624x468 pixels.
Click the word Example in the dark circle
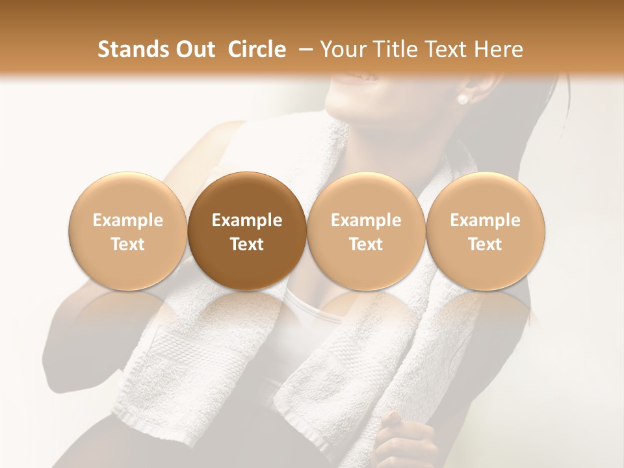click(247, 220)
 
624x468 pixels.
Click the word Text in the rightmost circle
click(485, 244)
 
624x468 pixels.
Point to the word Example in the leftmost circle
click(127, 220)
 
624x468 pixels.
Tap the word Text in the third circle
click(366, 244)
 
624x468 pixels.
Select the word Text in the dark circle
click(247, 244)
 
